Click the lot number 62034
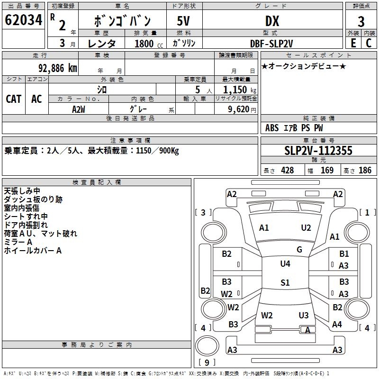[x=23, y=20]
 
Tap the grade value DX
[x=272, y=21]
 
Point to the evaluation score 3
[x=361, y=21]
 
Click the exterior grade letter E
[x=353, y=43]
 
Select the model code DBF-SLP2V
[x=272, y=43]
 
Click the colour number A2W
[x=79, y=108]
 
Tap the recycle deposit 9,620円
[x=242, y=109]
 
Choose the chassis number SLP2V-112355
[x=318, y=151]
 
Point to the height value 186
[x=365, y=170]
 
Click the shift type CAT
[x=13, y=99]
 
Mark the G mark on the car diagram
[x=299, y=250]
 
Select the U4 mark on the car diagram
[x=285, y=263]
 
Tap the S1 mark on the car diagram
[x=285, y=283]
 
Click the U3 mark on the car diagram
[x=304, y=316]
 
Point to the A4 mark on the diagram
[x=337, y=325]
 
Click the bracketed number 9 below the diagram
[x=207, y=363]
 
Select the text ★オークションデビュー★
[x=304, y=66]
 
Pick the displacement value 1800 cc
[x=148, y=44]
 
